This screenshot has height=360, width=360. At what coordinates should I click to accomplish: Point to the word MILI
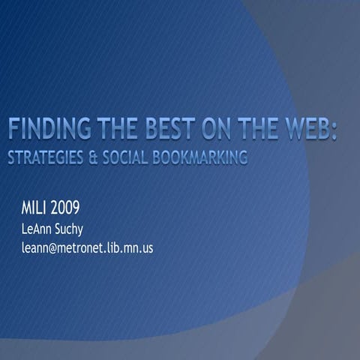tap(36, 207)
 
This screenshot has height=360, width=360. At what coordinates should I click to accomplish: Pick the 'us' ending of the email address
tap(146, 247)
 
